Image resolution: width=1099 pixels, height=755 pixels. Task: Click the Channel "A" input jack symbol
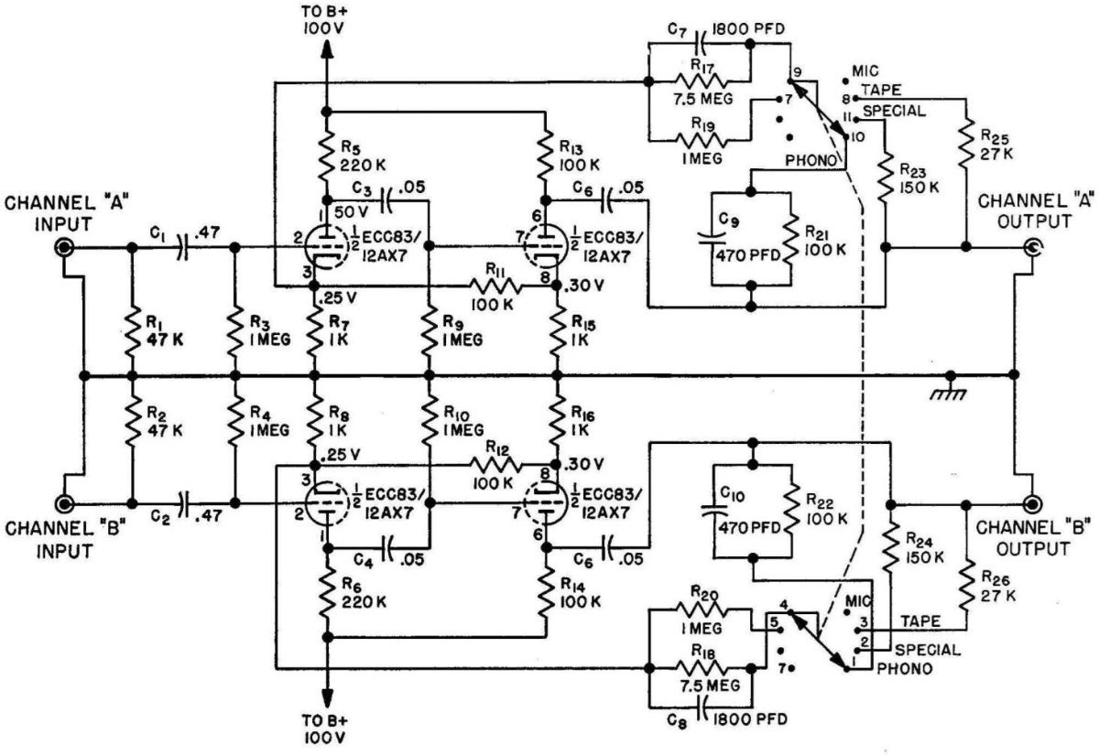click(x=64, y=248)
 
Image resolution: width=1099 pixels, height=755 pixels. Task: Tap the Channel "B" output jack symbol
click(x=1032, y=504)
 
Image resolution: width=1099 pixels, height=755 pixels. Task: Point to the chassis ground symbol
click(x=951, y=388)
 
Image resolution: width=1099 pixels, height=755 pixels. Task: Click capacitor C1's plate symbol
click(x=183, y=248)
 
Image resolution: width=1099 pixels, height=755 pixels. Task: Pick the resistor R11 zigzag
click(x=496, y=286)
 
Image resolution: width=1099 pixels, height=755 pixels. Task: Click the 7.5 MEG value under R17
click(x=702, y=99)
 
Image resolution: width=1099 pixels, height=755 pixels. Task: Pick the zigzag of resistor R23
click(x=885, y=178)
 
